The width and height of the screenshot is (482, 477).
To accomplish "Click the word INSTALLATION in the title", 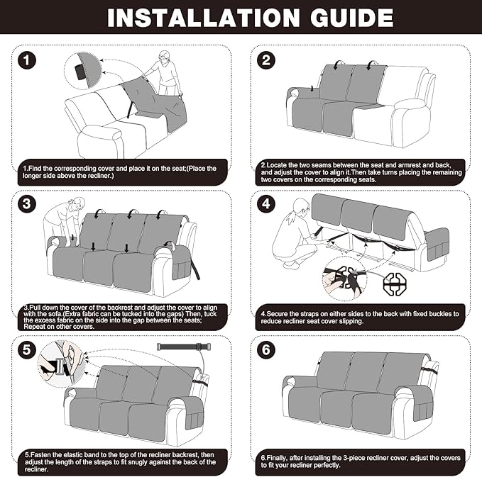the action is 203,18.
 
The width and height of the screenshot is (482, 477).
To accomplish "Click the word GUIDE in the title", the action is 352,18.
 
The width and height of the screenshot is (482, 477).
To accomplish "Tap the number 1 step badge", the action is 27,60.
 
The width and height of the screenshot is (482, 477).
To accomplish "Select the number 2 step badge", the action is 266,60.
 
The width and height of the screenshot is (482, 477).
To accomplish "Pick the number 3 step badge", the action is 27,204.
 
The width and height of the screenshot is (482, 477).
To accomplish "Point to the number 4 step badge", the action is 266,204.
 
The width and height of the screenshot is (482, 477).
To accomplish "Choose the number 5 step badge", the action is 27,349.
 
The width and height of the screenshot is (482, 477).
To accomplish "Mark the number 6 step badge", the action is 266,349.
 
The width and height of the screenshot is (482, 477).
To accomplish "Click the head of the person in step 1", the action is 165,57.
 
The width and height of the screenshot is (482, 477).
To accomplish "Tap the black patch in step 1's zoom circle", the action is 81,72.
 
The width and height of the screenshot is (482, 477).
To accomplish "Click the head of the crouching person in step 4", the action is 301,207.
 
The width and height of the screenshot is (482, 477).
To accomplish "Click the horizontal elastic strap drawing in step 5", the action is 184,347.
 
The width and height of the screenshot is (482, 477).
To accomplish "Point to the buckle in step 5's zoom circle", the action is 61,366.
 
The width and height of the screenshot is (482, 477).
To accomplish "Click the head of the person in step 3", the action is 77,204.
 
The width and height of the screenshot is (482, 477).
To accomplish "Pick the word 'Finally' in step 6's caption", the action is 276,458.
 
